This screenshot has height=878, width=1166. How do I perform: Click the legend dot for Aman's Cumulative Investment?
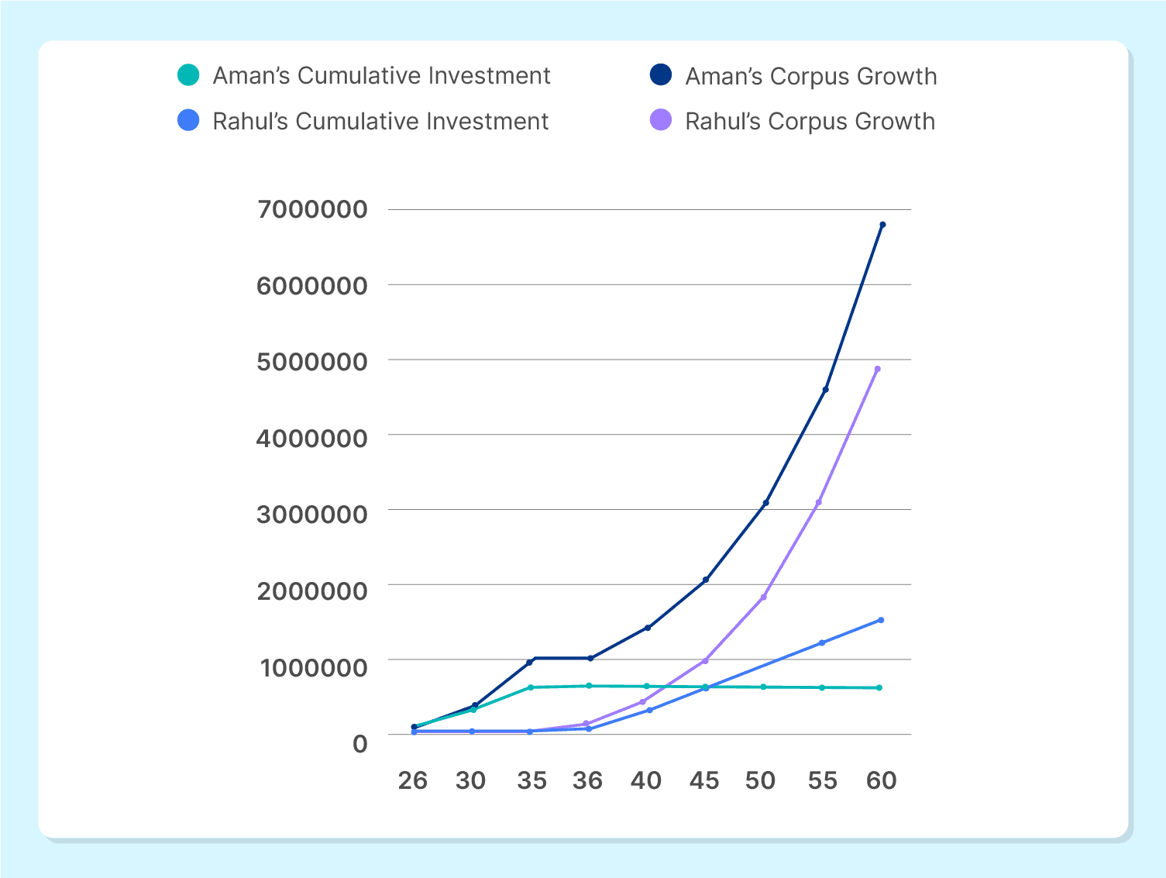tap(188, 75)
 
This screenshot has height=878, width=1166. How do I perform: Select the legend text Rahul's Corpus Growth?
tap(810, 122)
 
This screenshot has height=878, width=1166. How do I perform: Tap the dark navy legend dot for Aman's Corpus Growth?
tap(660, 75)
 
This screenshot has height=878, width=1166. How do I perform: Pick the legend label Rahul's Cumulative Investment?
tap(380, 122)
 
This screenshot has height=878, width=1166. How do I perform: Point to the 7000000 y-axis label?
tap(311, 209)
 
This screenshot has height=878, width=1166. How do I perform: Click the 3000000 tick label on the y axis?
tap(311, 514)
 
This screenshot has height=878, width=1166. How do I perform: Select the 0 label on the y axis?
tap(359, 744)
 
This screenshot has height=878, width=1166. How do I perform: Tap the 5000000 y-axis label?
tap(311, 362)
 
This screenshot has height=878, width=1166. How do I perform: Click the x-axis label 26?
tap(413, 780)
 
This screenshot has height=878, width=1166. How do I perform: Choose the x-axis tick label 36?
tap(587, 780)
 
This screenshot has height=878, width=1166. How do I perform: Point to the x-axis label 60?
tap(881, 780)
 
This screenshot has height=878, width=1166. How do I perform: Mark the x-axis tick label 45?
tap(704, 780)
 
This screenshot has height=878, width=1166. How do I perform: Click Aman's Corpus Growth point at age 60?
tap(882, 225)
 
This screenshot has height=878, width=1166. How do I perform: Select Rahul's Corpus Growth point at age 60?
tap(878, 369)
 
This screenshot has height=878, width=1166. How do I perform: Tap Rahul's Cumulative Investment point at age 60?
tap(881, 620)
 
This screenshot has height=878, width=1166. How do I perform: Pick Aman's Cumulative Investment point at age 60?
tap(879, 687)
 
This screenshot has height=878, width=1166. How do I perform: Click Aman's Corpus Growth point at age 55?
tap(826, 390)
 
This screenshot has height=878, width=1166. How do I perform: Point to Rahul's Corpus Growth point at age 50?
tap(764, 597)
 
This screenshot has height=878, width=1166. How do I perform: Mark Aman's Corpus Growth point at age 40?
tap(648, 628)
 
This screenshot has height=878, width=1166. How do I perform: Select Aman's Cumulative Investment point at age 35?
tap(531, 687)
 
